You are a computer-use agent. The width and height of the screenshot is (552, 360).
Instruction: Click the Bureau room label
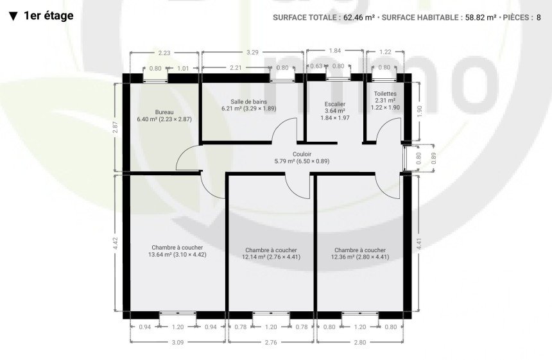coord(164,112)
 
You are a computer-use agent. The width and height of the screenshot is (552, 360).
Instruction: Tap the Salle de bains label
coord(249,101)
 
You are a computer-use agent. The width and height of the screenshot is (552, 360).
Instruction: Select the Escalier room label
coord(335,104)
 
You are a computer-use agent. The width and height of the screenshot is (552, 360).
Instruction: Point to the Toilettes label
coord(385,94)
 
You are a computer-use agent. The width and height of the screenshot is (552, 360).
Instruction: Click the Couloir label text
coord(302,154)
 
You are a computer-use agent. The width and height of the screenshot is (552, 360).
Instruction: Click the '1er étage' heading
coord(49,16)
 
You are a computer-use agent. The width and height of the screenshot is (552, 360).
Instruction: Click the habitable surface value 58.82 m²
coord(481,17)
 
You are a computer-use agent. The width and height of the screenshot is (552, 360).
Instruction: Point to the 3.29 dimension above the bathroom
coord(252,53)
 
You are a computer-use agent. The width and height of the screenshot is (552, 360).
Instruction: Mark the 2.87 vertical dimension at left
coord(116,127)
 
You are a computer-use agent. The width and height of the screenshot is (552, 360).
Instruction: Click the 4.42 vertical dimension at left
coord(116,243)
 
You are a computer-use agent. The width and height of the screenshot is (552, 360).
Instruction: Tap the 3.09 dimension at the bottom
coord(177,342)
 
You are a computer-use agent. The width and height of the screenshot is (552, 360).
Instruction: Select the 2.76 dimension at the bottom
coord(271,342)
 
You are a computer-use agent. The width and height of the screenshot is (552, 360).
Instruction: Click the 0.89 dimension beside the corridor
coord(433,159)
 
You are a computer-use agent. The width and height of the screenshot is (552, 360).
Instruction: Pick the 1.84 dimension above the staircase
coord(335,51)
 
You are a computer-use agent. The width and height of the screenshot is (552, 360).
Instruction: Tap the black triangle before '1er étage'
coord(13,17)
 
